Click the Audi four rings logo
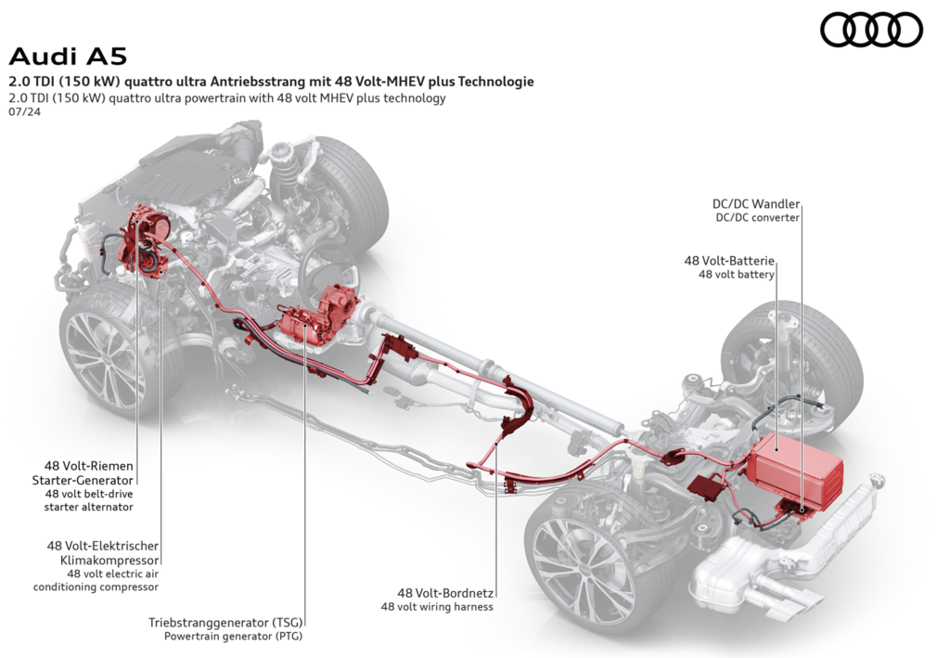coord(871,30)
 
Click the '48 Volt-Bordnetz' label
coord(445,593)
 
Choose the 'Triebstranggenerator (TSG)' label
coord(225,622)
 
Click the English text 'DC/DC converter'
coord(757,218)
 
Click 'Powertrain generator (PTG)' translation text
coord(233,636)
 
